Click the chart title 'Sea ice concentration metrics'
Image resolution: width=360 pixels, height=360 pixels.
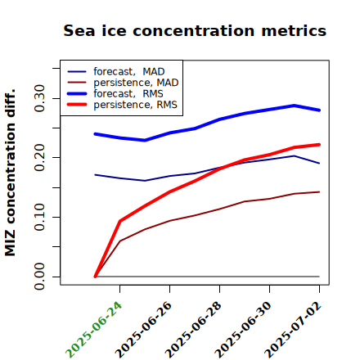[x=195, y=30]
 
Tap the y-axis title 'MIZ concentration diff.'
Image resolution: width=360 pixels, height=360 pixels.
[x=10, y=173]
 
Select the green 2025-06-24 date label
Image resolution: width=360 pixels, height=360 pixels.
[x=93, y=330]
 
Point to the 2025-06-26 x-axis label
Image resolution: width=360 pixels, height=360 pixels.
[x=143, y=330]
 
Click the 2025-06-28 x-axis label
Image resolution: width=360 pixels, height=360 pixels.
[x=193, y=330]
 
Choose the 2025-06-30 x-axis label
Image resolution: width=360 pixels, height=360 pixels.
[x=243, y=330]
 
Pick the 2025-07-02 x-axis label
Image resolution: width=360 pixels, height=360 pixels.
[x=293, y=330]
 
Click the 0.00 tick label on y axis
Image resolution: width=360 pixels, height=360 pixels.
[x=39, y=277]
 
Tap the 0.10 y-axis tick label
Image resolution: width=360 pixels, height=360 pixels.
[x=39, y=217]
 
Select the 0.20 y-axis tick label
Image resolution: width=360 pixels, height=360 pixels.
[x=39, y=158]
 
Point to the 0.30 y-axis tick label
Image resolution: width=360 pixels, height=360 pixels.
[x=39, y=98]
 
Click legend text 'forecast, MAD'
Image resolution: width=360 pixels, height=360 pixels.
[x=129, y=72]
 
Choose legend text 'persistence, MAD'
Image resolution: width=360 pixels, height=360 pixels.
[x=136, y=83]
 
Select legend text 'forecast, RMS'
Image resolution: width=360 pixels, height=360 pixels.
[x=128, y=94]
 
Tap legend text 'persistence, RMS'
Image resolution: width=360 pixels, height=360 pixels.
[x=135, y=105]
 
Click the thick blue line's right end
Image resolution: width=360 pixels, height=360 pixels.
[x=319, y=110]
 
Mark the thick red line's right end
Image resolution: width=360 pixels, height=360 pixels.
[x=319, y=145]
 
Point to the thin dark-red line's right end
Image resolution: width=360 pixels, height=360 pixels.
[x=319, y=192]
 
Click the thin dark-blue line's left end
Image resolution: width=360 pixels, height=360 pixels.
[x=95, y=174]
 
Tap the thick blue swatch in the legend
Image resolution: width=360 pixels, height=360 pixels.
[x=77, y=94]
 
